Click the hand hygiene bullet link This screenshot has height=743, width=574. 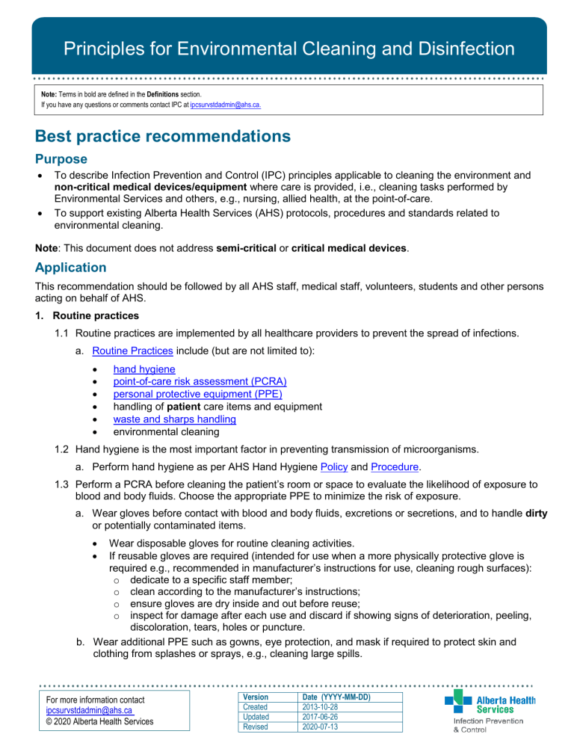[x=145, y=369]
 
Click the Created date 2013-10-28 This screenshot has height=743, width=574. [x=322, y=706]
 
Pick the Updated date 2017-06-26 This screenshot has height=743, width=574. [x=322, y=717]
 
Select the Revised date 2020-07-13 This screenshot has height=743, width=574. [x=322, y=727]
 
